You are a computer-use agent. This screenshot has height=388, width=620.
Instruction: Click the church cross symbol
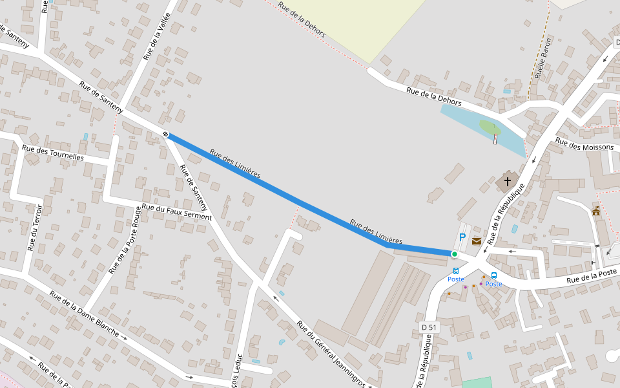(x=508, y=182)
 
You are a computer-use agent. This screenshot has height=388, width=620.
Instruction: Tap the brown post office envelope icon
(x=477, y=241)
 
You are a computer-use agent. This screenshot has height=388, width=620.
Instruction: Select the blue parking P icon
(x=462, y=237)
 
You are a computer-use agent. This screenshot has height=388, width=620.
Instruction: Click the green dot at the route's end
(x=455, y=254)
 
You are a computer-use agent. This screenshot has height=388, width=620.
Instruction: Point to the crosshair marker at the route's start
(x=166, y=135)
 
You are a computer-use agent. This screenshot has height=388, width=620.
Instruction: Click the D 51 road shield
(x=429, y=328)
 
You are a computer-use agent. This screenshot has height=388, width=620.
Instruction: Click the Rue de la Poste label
(x=593, y=276)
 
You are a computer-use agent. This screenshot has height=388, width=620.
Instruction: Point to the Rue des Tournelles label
(x=53, y=153)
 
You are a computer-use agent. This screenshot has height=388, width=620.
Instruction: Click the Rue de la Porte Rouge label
(x=126, y=240)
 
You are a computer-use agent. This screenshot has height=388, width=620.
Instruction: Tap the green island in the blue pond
(x=490, y=127)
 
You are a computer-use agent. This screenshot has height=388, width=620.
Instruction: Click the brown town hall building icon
(x=595, y=211)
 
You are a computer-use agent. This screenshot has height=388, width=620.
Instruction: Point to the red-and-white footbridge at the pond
(x=495, y=139)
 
